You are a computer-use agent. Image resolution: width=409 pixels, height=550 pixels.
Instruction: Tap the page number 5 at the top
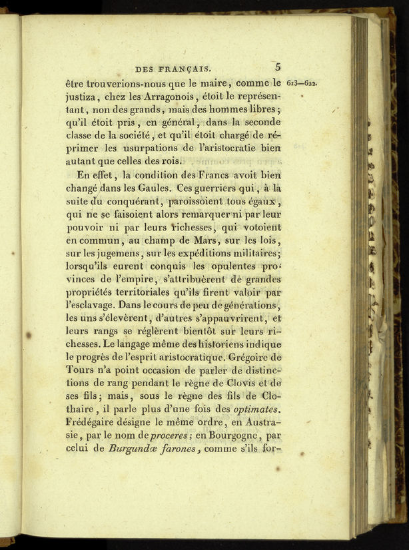coord(278,67)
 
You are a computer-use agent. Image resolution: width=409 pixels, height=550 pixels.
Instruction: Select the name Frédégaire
coord(96,421)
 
